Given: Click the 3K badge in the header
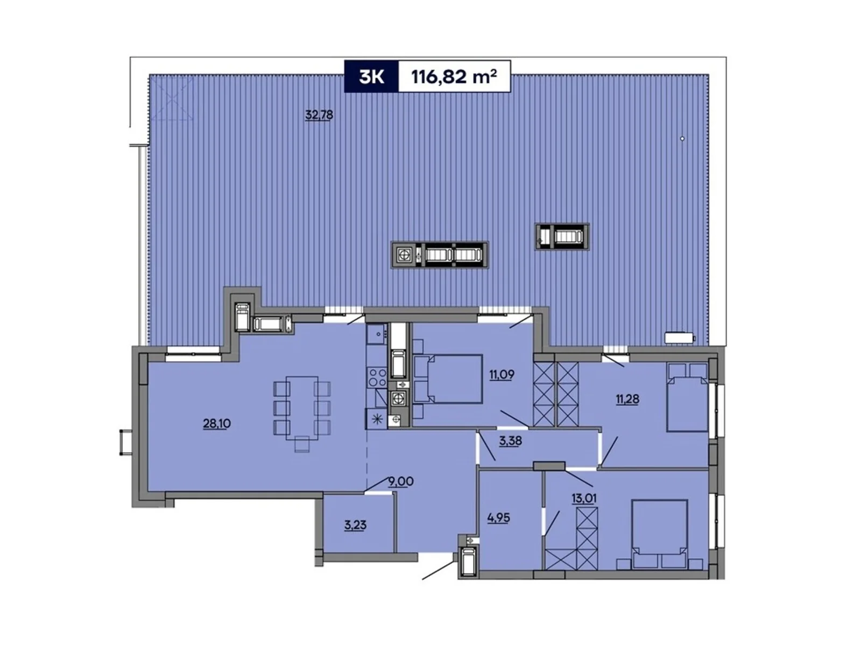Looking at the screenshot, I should tap(371, 77).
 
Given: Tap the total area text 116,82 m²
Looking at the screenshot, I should tap(454, 77).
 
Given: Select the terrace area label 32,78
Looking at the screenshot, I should tap(319, 115).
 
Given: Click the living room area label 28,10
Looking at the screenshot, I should tap(217, 424).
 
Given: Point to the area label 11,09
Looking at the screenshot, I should tap(502, 375).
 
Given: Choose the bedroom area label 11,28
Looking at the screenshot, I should tap(627, 399).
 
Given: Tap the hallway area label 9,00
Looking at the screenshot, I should tap(401, 482).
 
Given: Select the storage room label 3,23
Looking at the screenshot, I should tap(355, 525).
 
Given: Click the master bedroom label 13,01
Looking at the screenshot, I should tap(584, 497).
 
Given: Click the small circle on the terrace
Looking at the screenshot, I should tap(682, 139).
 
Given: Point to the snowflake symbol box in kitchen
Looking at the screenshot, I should tap(376, 419).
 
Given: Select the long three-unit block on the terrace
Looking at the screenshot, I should tap(440, 255).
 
